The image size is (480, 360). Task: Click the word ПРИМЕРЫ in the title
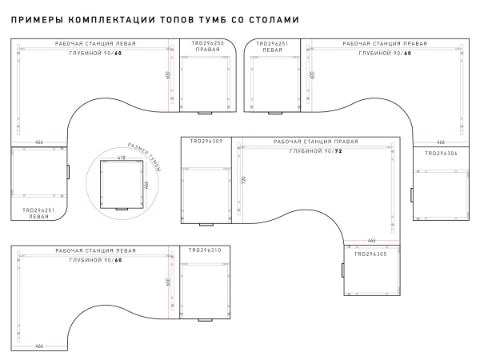[x=37, y=20]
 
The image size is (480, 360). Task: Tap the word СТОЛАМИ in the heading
[x=274, y=20]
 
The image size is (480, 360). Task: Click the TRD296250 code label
[x=208, y=43]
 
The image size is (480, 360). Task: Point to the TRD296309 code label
[x=206, y=142]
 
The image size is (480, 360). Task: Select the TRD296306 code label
[x=441, y=154]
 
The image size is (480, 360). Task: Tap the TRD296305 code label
[x=370, y=254]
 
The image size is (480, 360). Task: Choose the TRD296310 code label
[x=205, y=250]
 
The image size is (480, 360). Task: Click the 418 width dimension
[x=122, y=158]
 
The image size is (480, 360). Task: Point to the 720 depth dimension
[x=244, y=180]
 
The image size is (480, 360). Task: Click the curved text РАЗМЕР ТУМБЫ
[x=145, y=157]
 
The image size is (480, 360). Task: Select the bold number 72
[x=338, y=151]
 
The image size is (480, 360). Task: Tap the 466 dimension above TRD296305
[x=371, y=241]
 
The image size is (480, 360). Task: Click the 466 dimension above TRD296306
[x=441, y=142]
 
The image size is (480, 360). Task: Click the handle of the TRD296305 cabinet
[x=343, y=270]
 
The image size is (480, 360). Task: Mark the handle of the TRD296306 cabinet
[x=412, y=195]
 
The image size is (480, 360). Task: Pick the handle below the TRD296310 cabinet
[x=205, y=320]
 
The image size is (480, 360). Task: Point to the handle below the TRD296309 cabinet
[x=206, y=225]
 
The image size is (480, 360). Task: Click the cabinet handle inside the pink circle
[x=122, y=210]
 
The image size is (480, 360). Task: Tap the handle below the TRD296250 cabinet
[x=205, y=114]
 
